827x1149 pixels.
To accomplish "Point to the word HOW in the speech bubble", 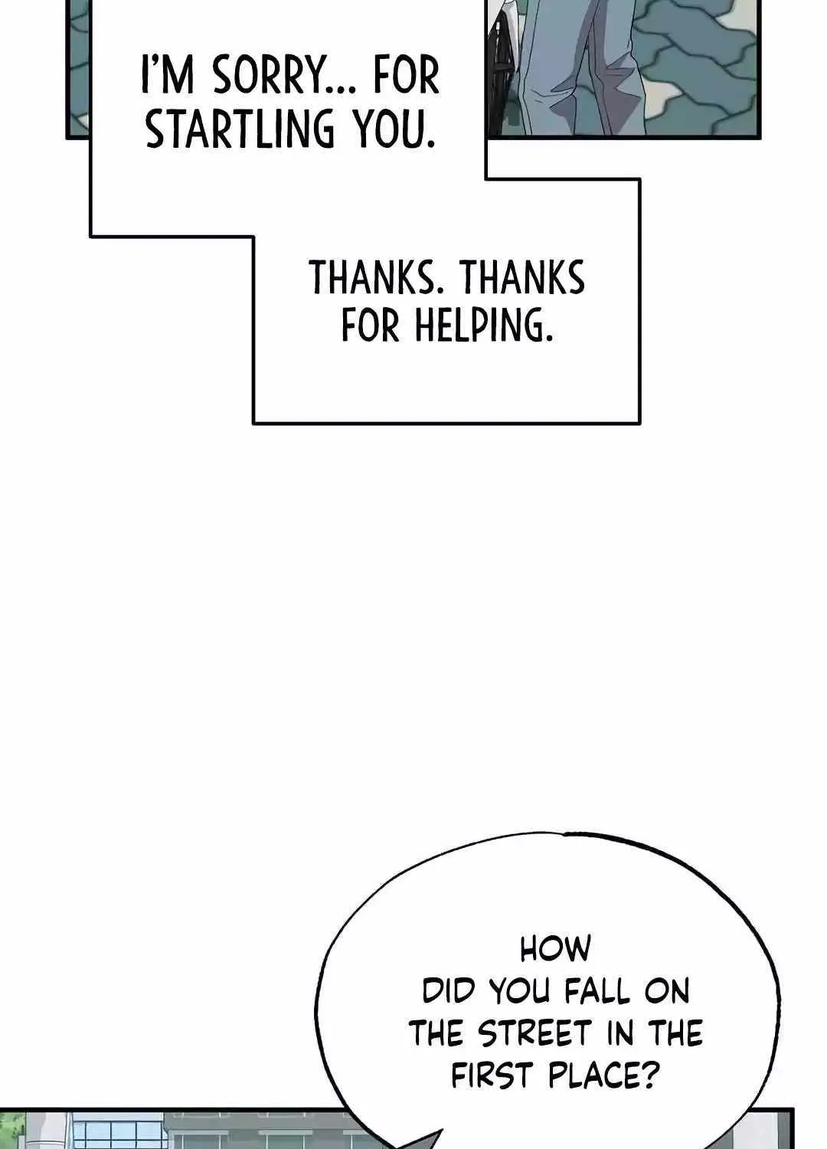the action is click(x=555, y=949).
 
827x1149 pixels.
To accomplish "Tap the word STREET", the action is click(x=535, y=1033).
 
